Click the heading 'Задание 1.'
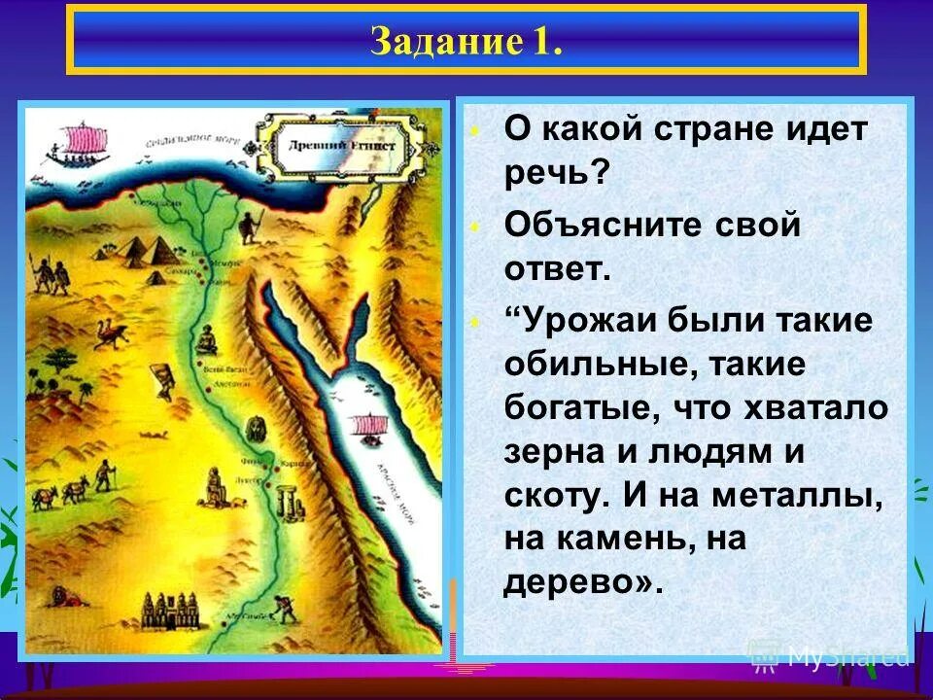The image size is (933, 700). (466, 42)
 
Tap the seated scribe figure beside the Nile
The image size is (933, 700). (205, 340)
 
